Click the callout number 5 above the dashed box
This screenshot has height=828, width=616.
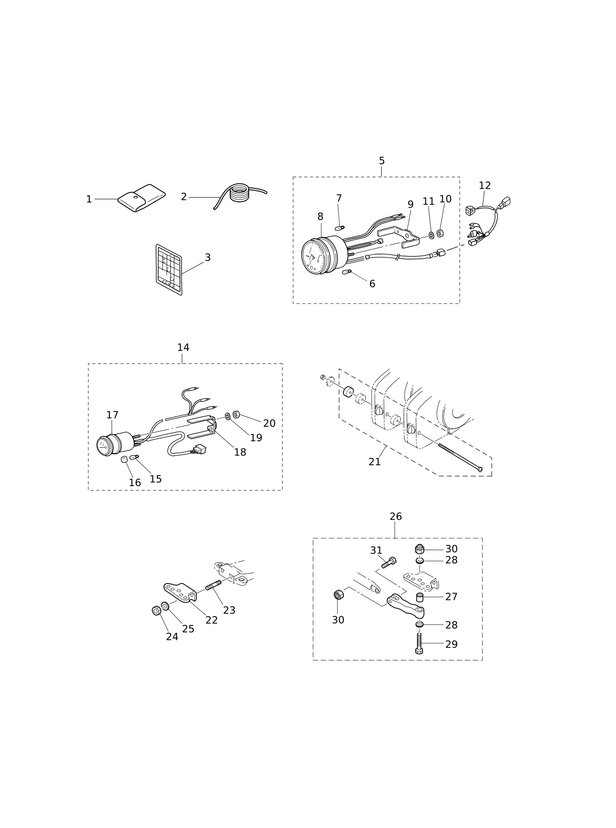[382, 161]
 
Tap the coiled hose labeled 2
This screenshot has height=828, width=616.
[240, 193]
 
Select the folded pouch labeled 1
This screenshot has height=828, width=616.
[142, 198]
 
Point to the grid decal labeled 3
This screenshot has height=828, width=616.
[169, 270]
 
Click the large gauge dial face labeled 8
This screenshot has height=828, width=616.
[313, 257]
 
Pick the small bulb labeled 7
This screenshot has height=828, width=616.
[340, 228]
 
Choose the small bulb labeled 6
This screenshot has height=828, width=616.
[347, 272]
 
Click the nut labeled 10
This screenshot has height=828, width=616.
[440, 233]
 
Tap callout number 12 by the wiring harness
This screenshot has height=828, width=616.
[485, 185]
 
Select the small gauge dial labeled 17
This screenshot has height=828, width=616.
[104, 446]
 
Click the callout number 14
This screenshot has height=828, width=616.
[183, 348]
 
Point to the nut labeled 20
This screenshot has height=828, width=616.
[236, 414]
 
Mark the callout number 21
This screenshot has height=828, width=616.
[375, 462]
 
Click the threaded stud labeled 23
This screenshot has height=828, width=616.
[213, 585]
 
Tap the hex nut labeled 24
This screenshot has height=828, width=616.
[156, 611]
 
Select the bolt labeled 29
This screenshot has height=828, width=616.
[419, 643]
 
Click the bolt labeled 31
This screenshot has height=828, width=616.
[389, 563]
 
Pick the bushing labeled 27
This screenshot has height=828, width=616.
[420, 597]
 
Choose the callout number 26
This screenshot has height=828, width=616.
[395, 517]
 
